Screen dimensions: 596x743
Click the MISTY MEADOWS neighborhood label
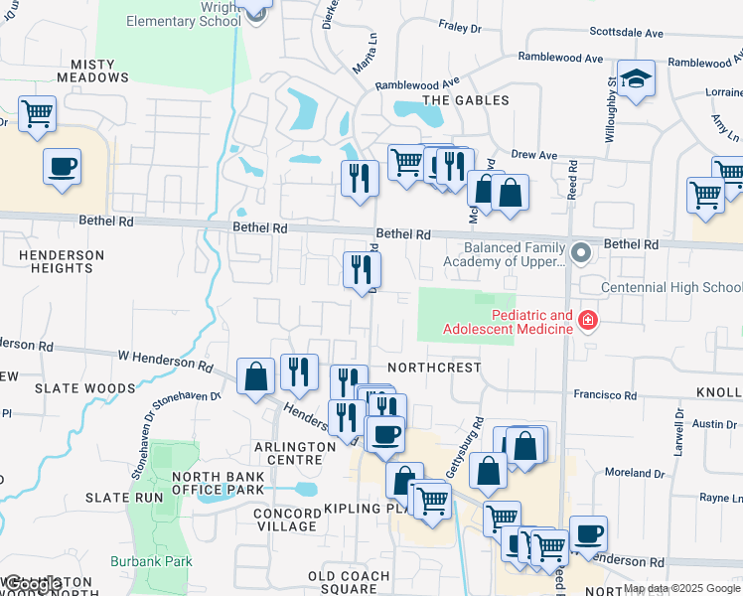[x=92, y=72]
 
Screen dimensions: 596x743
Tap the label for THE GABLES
[x=466, y=100]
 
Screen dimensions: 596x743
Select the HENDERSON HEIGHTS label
[x=61, y=262]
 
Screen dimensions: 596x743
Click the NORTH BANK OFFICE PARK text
[x=218, y=483]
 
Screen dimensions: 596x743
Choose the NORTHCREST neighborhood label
[x=434, y=367]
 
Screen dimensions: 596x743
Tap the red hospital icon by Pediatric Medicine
[x=587, y=320]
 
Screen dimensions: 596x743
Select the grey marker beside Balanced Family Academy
[x=582, y=253]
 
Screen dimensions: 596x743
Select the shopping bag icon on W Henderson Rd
[x=255, y=375]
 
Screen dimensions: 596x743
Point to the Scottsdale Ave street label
[x=626, y=33]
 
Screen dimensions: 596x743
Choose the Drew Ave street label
[x=534, y=155]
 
